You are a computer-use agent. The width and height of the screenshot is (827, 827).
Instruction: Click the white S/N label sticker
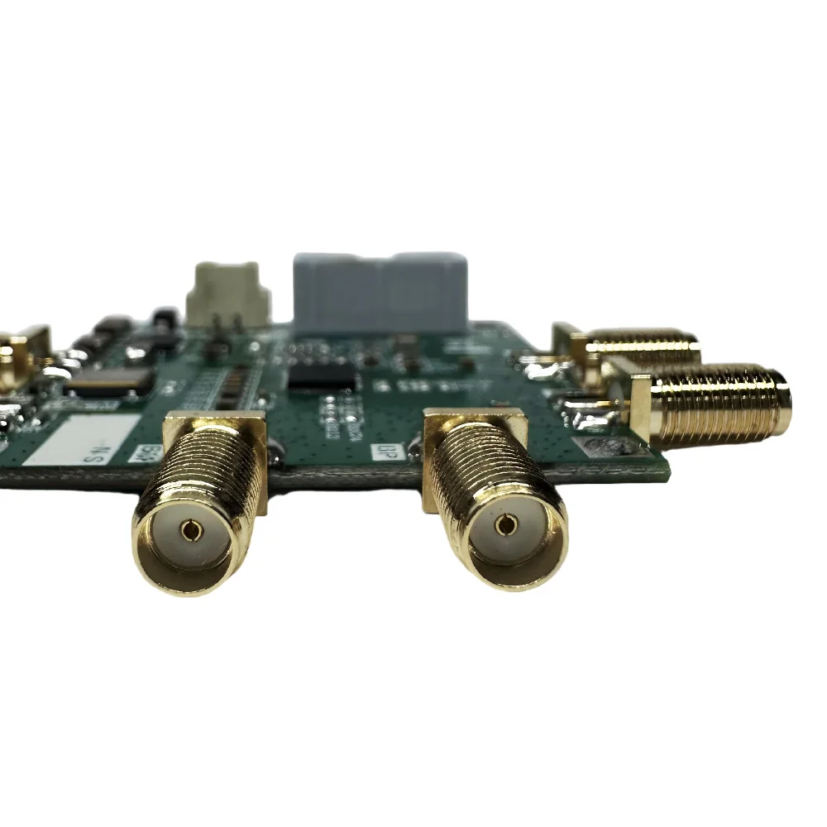(81, 440)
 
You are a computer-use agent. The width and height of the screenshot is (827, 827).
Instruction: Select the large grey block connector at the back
(380, 292)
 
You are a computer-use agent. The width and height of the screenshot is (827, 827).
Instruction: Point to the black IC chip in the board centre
(323, 379)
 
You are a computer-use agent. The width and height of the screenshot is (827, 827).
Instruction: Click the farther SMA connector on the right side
(642, 348)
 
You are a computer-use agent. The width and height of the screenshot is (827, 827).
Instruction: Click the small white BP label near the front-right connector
(383, 452)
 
